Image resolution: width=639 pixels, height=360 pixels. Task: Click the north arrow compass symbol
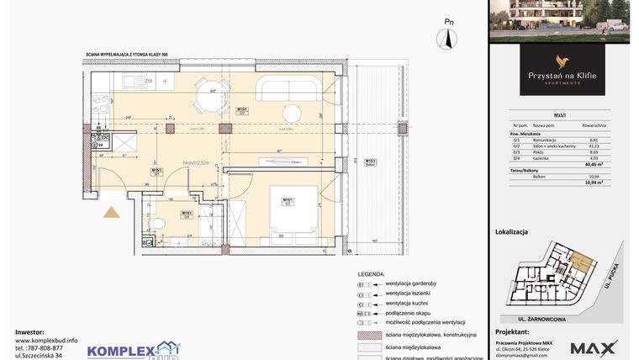click(x=448, y=38)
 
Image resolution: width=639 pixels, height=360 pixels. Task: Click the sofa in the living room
click(x=288, y=87)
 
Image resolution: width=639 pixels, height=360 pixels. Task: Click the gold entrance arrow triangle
click(x=110, y=212)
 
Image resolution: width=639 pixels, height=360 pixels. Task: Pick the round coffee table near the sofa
click(x=292, y=114)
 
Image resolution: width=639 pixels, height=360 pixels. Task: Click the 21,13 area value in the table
click(x=593, y=145)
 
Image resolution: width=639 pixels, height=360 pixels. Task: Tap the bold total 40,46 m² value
click(x=592, y=165)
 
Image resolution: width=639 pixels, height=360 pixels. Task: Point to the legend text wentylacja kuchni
click(x=408, y=303)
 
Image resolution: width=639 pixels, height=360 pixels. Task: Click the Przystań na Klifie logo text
click(x=562, y=76)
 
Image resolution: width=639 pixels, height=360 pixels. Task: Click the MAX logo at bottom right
click(x=594, y=347)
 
